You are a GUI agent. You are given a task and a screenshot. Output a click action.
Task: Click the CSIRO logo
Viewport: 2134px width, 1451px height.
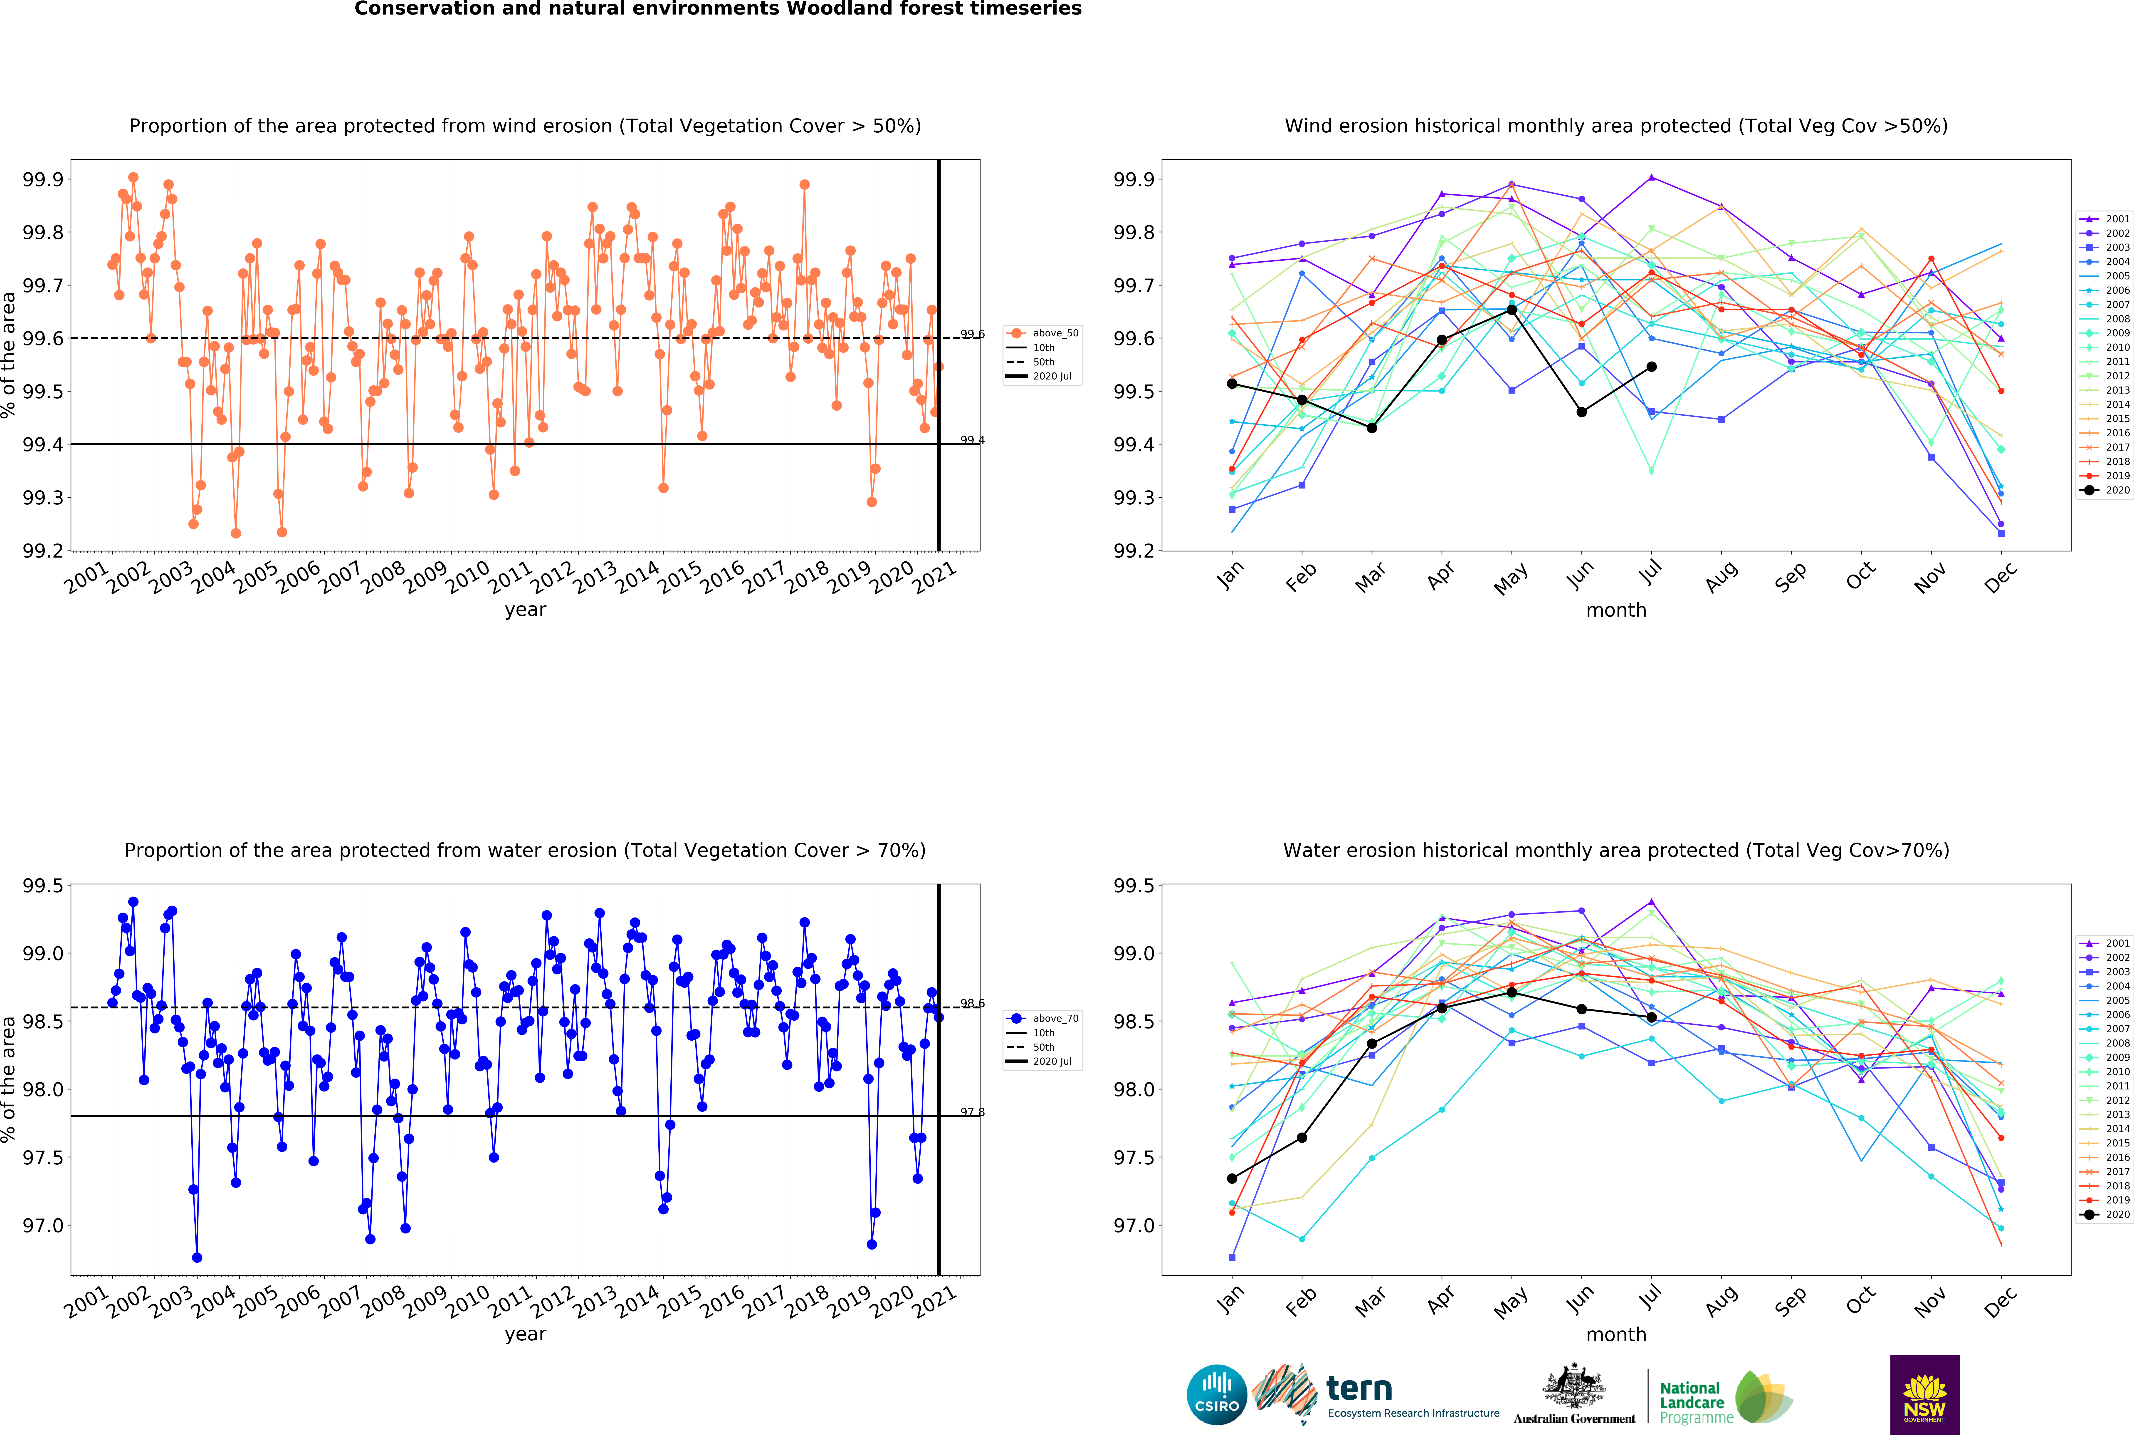click(1217, 1394)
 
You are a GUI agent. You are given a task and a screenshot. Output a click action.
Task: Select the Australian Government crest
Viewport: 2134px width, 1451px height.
click(1574, 1387)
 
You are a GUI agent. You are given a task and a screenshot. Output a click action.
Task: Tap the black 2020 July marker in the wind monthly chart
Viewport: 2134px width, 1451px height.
click(1651, 366)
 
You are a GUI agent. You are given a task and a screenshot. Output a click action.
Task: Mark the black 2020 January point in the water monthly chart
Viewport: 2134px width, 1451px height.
click(1231, 1178)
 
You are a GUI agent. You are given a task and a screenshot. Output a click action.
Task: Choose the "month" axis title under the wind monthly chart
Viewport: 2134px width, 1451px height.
click(1616, 610)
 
